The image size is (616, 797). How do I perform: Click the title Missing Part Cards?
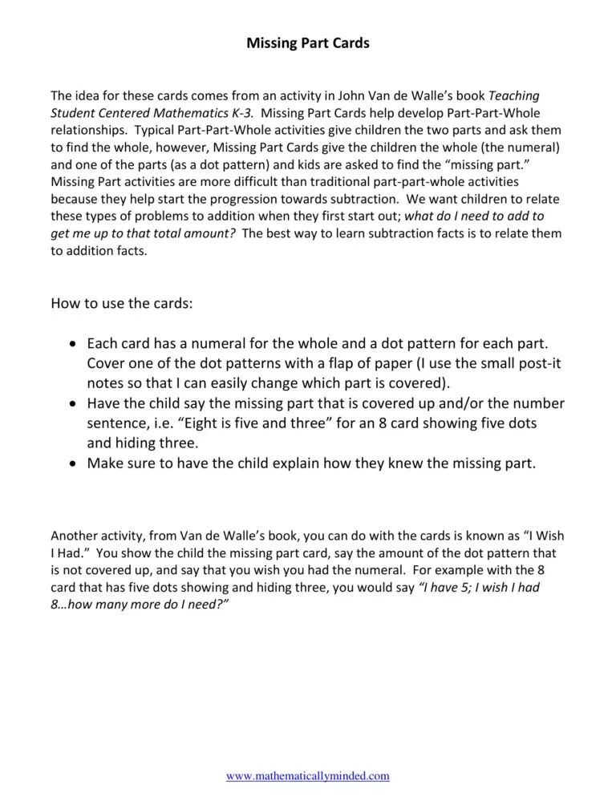pos(308,43)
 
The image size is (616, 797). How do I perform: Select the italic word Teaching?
pos(513,95)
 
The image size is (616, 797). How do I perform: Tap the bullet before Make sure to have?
pos(73,464)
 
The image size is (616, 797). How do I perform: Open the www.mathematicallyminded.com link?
pos(308,775)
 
